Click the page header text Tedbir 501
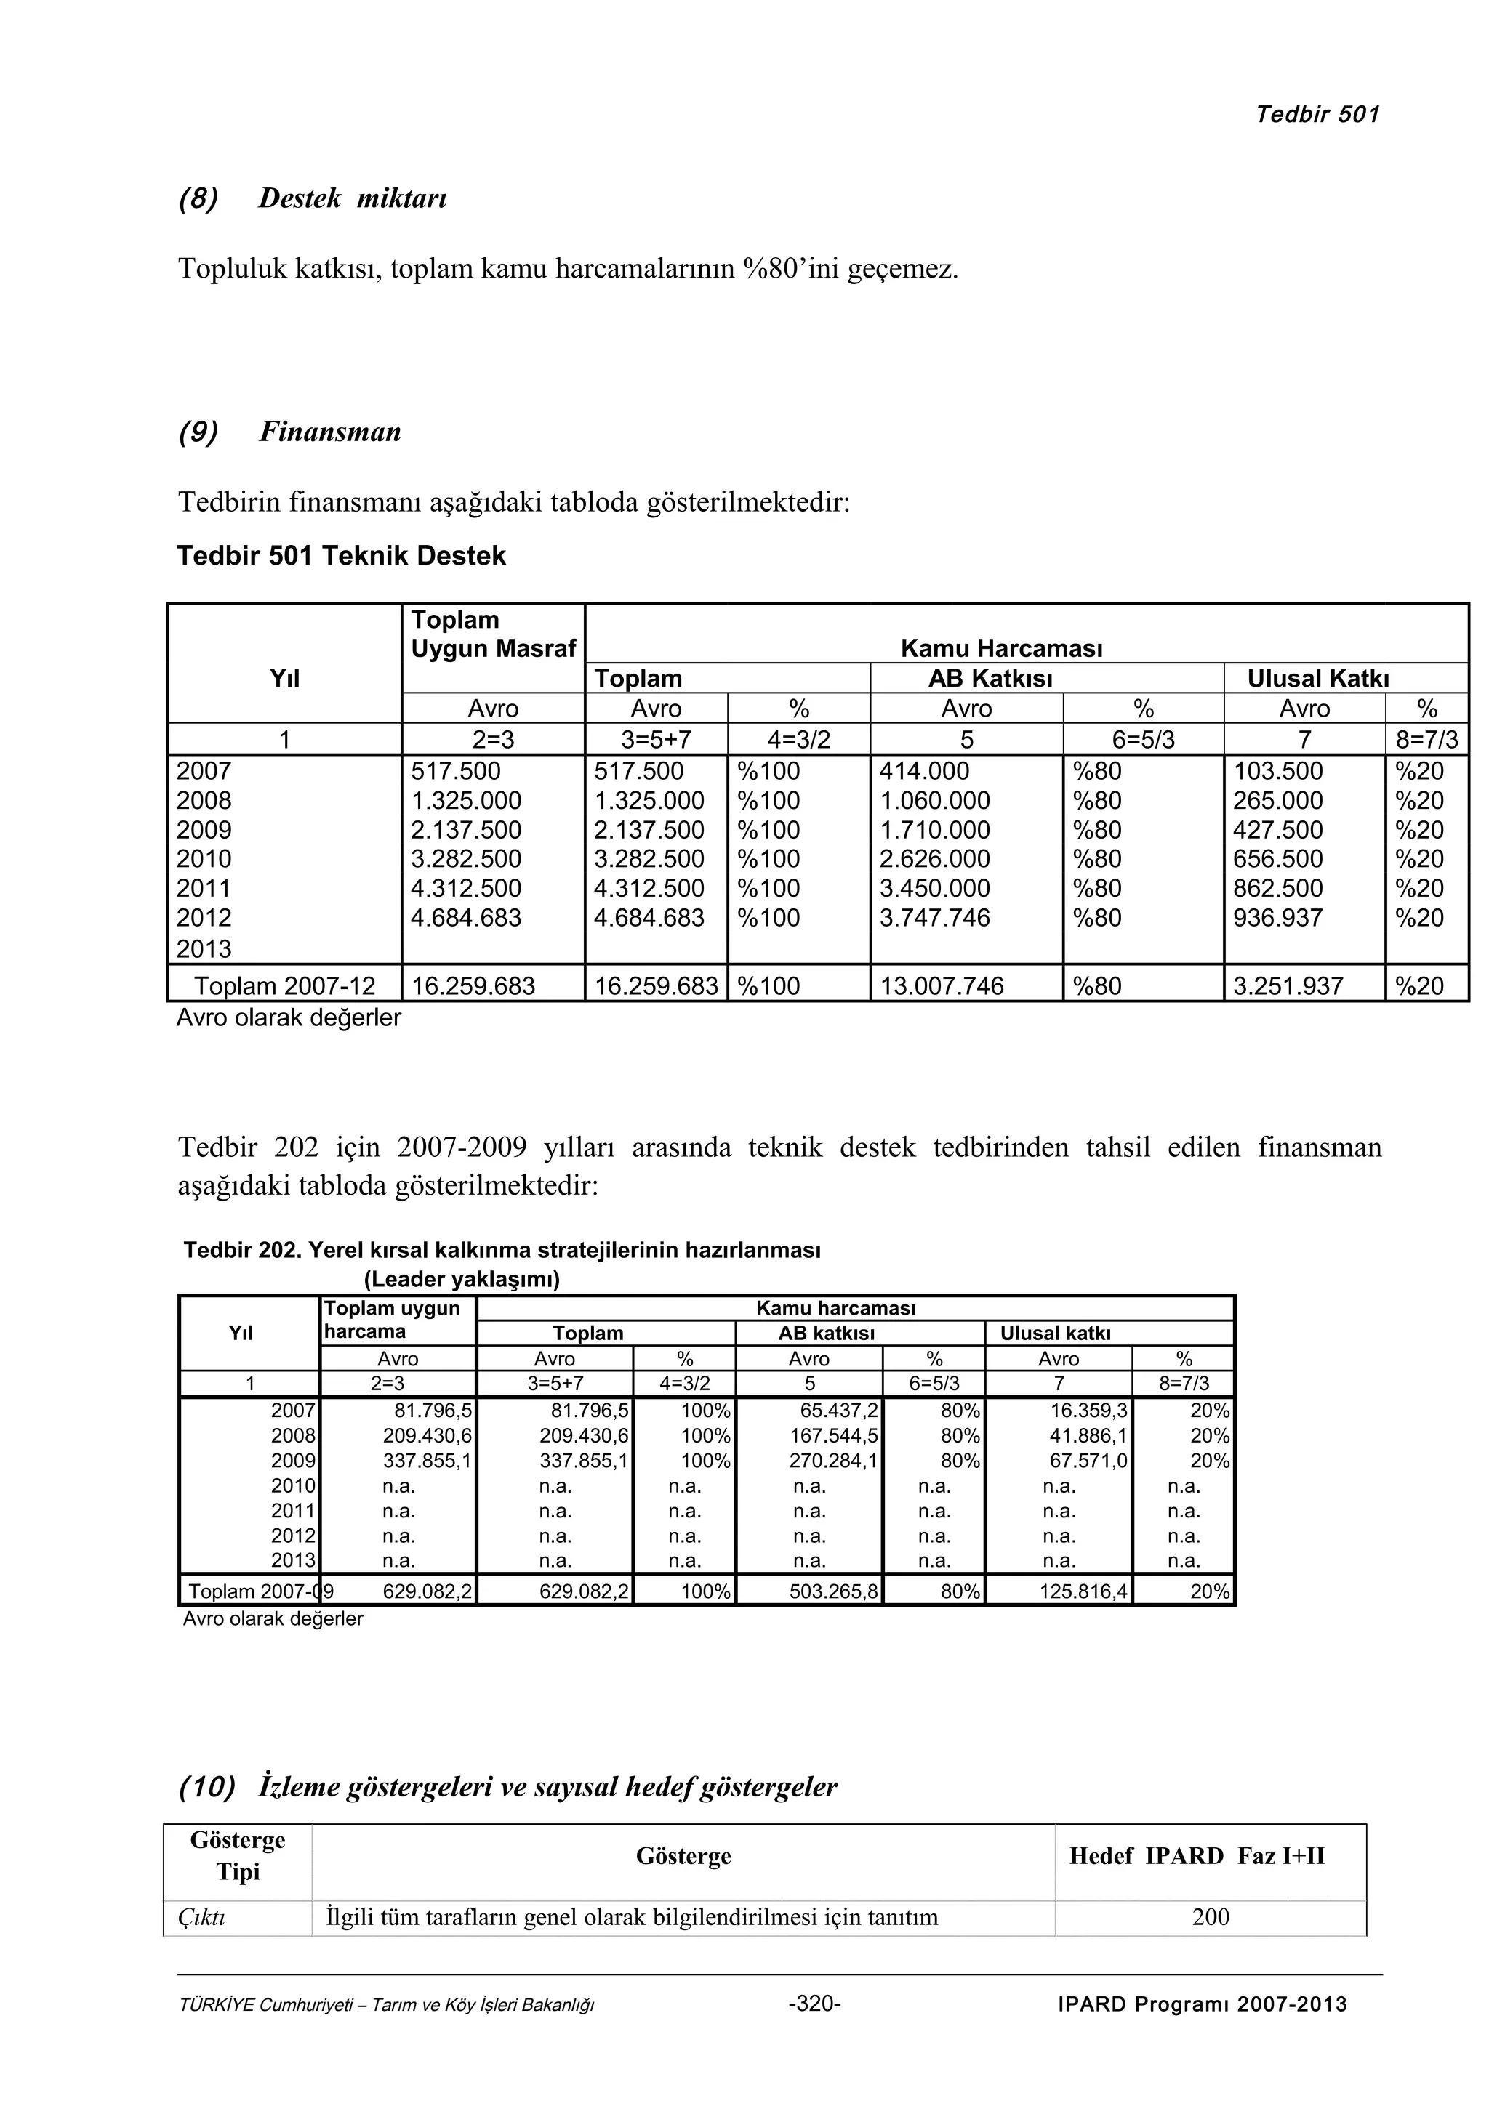[x=1317, y=115]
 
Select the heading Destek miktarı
[x=353, y=198]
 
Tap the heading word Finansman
[x=329, y=432]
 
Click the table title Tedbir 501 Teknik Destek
[x=340, y=556]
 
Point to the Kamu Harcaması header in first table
[x=1001, y=648]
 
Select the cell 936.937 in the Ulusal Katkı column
[x=1277, y=918]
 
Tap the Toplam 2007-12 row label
[x=284, y=986]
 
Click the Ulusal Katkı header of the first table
[x=1317, y=679]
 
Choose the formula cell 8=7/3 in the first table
[x=1426, y=739]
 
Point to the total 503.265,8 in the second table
[x=833, y=1591]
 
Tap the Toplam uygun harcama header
[x=392, y=1320]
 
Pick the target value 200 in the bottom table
[x=1210, y=1917]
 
